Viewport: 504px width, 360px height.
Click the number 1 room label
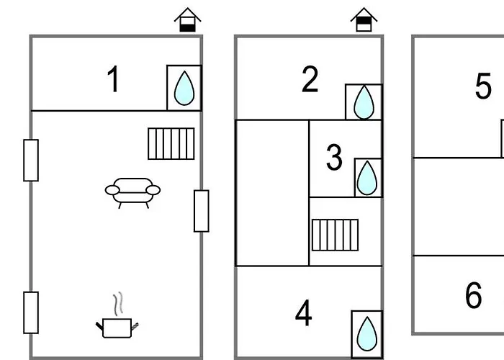tap(113, 80)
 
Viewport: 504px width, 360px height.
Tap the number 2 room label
tap(310, 80)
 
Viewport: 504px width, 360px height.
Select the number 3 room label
tap(334, 158)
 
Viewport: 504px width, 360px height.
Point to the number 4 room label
tap(304, 314)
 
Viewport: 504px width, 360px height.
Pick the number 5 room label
tap(483, 87)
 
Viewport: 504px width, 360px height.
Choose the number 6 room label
tap(473, 295)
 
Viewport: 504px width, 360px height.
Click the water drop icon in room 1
tap(184, 88)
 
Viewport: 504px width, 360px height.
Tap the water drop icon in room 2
tap(364, 102)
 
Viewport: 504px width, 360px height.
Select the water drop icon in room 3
tap(368, 178)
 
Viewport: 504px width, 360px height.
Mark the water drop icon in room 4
tap(366, 334)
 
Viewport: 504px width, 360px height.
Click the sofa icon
tap(132, 192)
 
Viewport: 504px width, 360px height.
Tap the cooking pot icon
tap(116, 328)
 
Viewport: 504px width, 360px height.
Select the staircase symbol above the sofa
tap(171, 143)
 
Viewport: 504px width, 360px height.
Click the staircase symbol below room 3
tap(335, 235)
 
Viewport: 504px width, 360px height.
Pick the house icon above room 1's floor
tap(188, 20)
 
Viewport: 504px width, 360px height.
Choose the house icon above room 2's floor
tap(364, 20)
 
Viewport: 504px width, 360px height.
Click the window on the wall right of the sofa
tap(202, 211)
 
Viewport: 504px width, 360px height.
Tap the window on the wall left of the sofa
tap(31, 160)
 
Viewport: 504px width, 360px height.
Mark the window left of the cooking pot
tap(31, 312)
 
